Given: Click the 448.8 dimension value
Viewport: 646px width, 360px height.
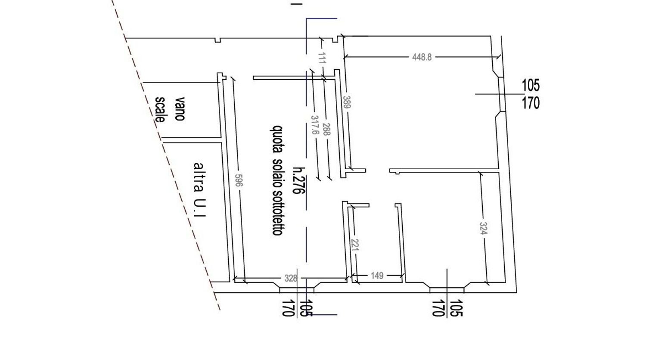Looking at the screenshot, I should click(x=422, y=57).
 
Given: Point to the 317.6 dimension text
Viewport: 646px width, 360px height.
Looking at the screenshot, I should click(x=315, y=125).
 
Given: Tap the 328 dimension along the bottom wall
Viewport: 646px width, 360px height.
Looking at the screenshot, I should click(x=291, y=278).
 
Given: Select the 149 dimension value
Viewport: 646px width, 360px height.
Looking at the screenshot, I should click(x=377, y=275).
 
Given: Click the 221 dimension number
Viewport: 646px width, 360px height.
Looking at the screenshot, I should click(x=355, y=246).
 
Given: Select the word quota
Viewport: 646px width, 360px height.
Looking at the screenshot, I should click(x=277, y=139).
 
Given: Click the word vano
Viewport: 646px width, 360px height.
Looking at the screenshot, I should click(x=180, y=109).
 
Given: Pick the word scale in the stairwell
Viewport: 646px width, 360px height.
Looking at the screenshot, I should click(x=160, y=110).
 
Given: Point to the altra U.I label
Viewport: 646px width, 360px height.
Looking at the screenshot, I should click(x=199, y=189).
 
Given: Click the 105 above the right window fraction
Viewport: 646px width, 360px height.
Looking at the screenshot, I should click(x=531, y=85).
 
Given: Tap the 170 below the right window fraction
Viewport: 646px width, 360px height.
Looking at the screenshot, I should click(x=531, y=103).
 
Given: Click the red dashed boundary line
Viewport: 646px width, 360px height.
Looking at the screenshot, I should click(x=172, y=168).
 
